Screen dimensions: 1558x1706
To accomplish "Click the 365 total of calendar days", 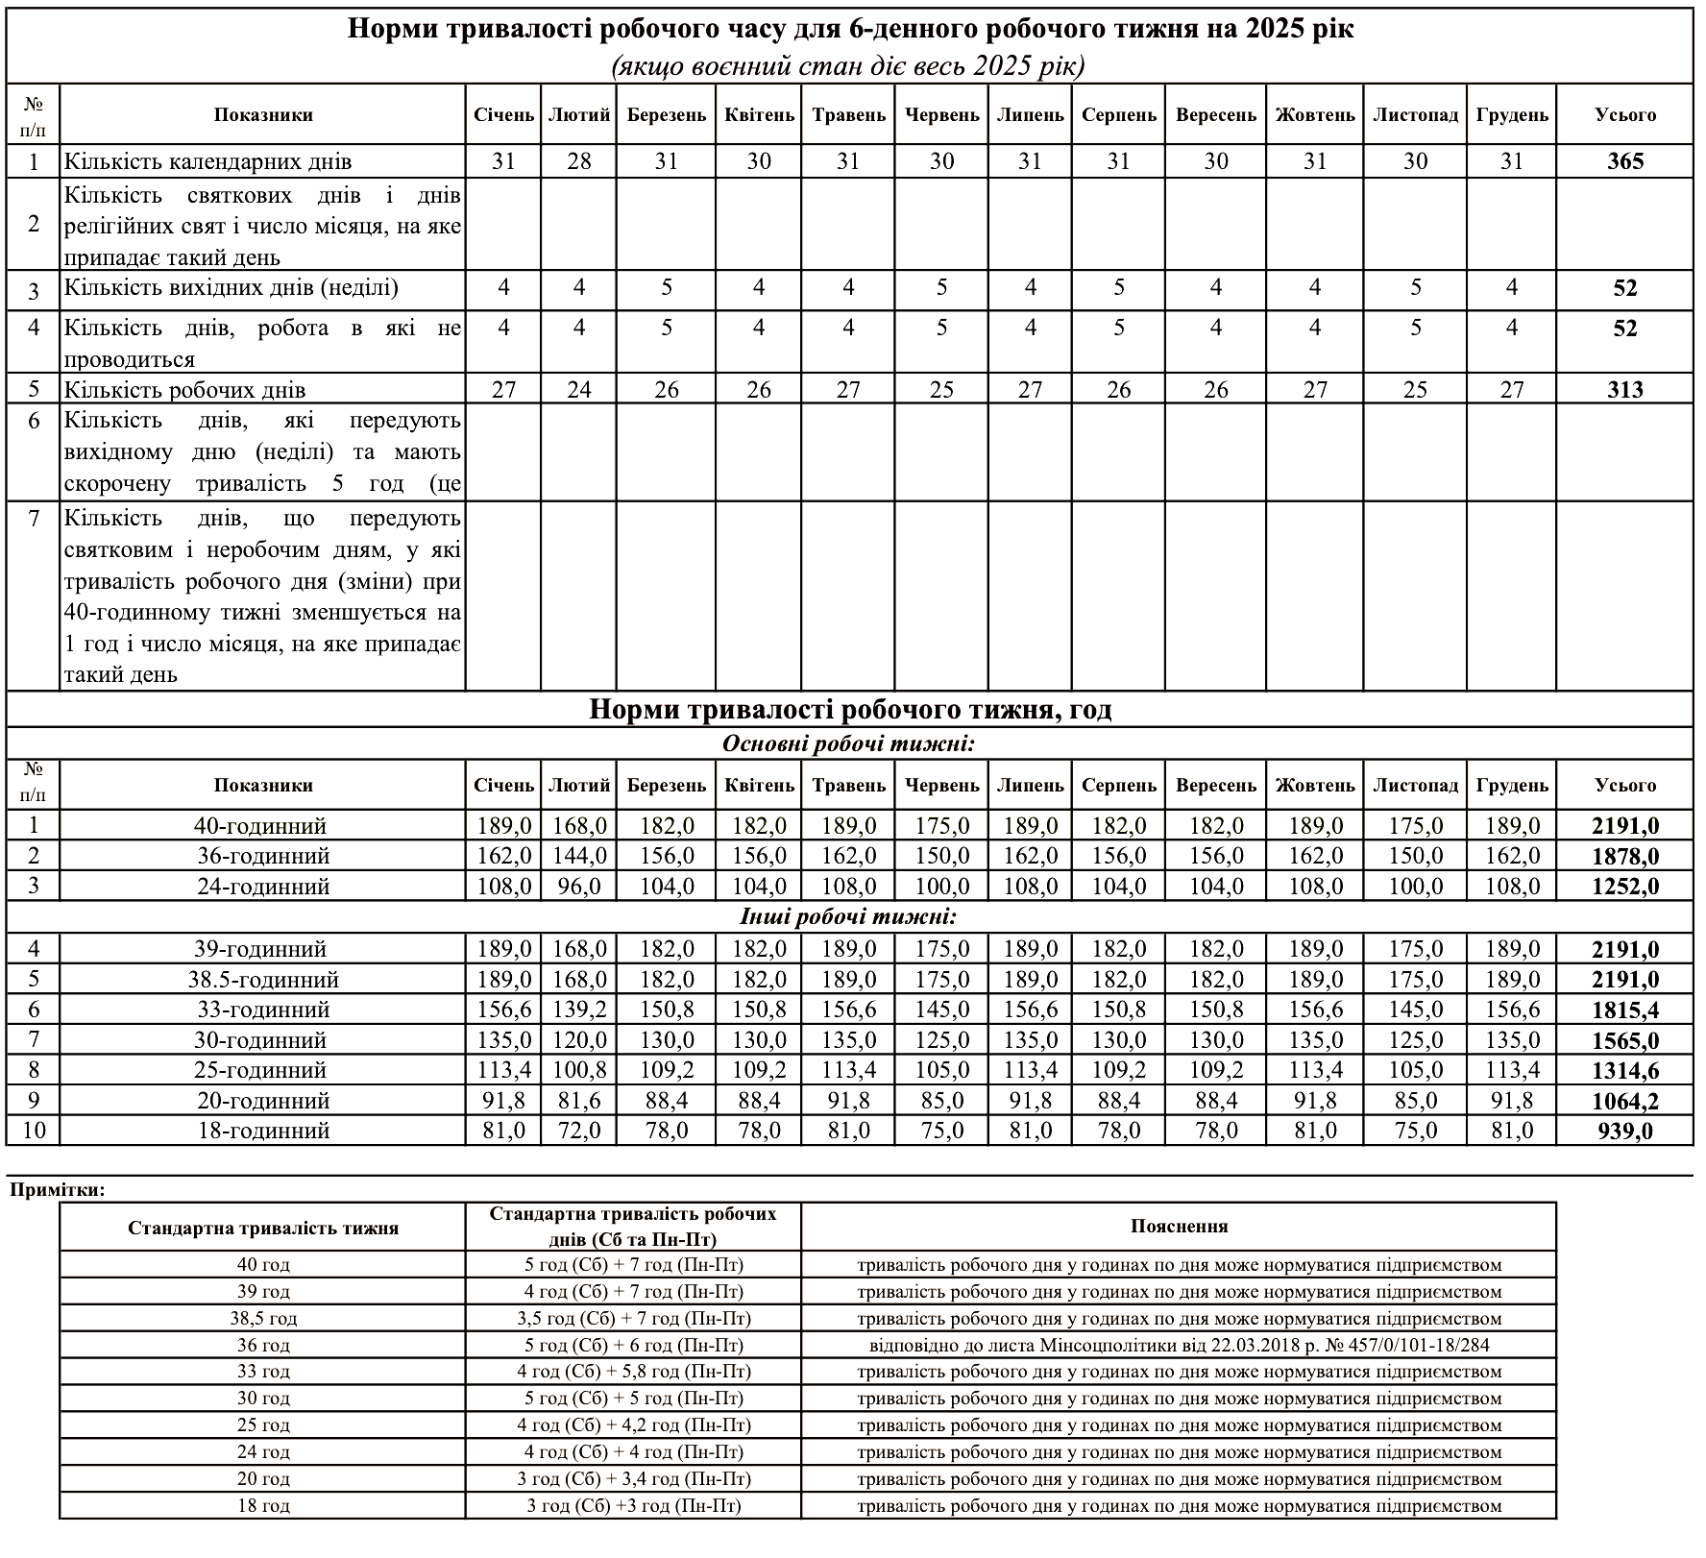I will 1624,161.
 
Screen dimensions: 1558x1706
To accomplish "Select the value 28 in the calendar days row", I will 579,161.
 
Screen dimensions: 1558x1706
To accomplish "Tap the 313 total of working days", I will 1624,390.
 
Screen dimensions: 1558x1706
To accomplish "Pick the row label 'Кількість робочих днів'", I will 185,390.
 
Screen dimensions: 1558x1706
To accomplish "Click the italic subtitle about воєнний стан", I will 848,65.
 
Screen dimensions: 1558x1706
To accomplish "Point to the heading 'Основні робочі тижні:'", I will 848,743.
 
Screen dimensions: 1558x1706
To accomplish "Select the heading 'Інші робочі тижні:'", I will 848,917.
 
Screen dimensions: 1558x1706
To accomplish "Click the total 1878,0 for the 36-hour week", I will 1624,856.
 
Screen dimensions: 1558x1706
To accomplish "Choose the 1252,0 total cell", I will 1624,887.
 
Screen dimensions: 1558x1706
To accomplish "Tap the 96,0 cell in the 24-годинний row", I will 579,887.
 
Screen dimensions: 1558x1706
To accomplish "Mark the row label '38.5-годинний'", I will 263,980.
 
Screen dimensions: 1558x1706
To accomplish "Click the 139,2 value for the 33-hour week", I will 579,1010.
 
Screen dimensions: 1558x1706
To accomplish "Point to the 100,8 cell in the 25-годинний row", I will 579,1070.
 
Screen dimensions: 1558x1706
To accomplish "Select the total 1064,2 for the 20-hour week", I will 1624,1101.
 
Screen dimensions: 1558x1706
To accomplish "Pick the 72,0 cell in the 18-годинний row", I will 579,1131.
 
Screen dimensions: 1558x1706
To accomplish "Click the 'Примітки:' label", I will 58,1190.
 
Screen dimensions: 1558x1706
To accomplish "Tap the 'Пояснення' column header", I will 1179,1227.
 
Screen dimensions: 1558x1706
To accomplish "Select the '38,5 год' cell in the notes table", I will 263,1319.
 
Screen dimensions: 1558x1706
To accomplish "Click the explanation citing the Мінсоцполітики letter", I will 1179,1346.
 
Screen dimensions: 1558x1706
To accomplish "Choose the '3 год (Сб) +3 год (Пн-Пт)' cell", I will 633,1506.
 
